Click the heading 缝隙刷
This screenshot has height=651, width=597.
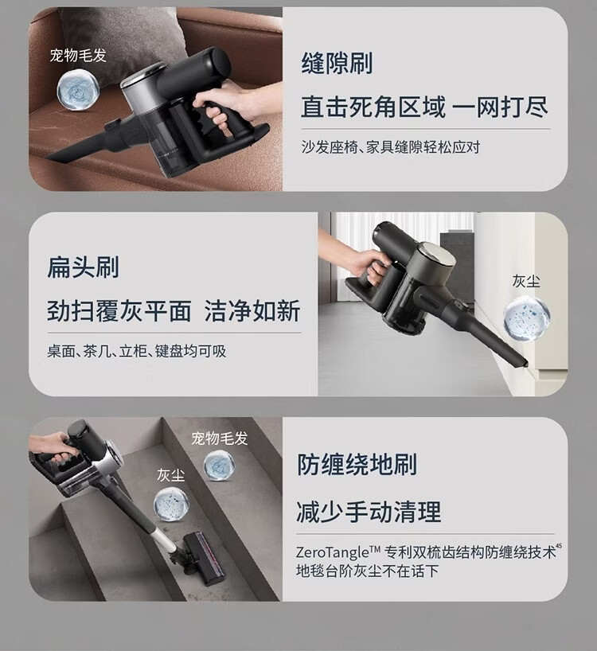337,63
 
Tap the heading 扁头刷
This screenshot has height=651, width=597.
83,267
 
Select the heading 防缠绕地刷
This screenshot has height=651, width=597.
357,464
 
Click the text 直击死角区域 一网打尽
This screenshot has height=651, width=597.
424,107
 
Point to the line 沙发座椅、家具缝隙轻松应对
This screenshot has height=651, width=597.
391,147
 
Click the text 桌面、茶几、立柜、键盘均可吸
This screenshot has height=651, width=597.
137,351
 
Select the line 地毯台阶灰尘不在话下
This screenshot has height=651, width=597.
368,571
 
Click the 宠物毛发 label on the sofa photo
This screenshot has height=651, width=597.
78,55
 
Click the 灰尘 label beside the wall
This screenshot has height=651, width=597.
526,281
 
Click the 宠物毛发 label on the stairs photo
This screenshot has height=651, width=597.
220,438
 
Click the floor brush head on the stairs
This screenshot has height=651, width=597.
205,557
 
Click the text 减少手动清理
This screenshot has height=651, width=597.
369,512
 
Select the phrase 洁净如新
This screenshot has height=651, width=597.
252,311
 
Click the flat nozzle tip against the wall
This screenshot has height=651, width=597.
524,364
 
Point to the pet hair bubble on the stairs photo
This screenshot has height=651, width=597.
219,466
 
